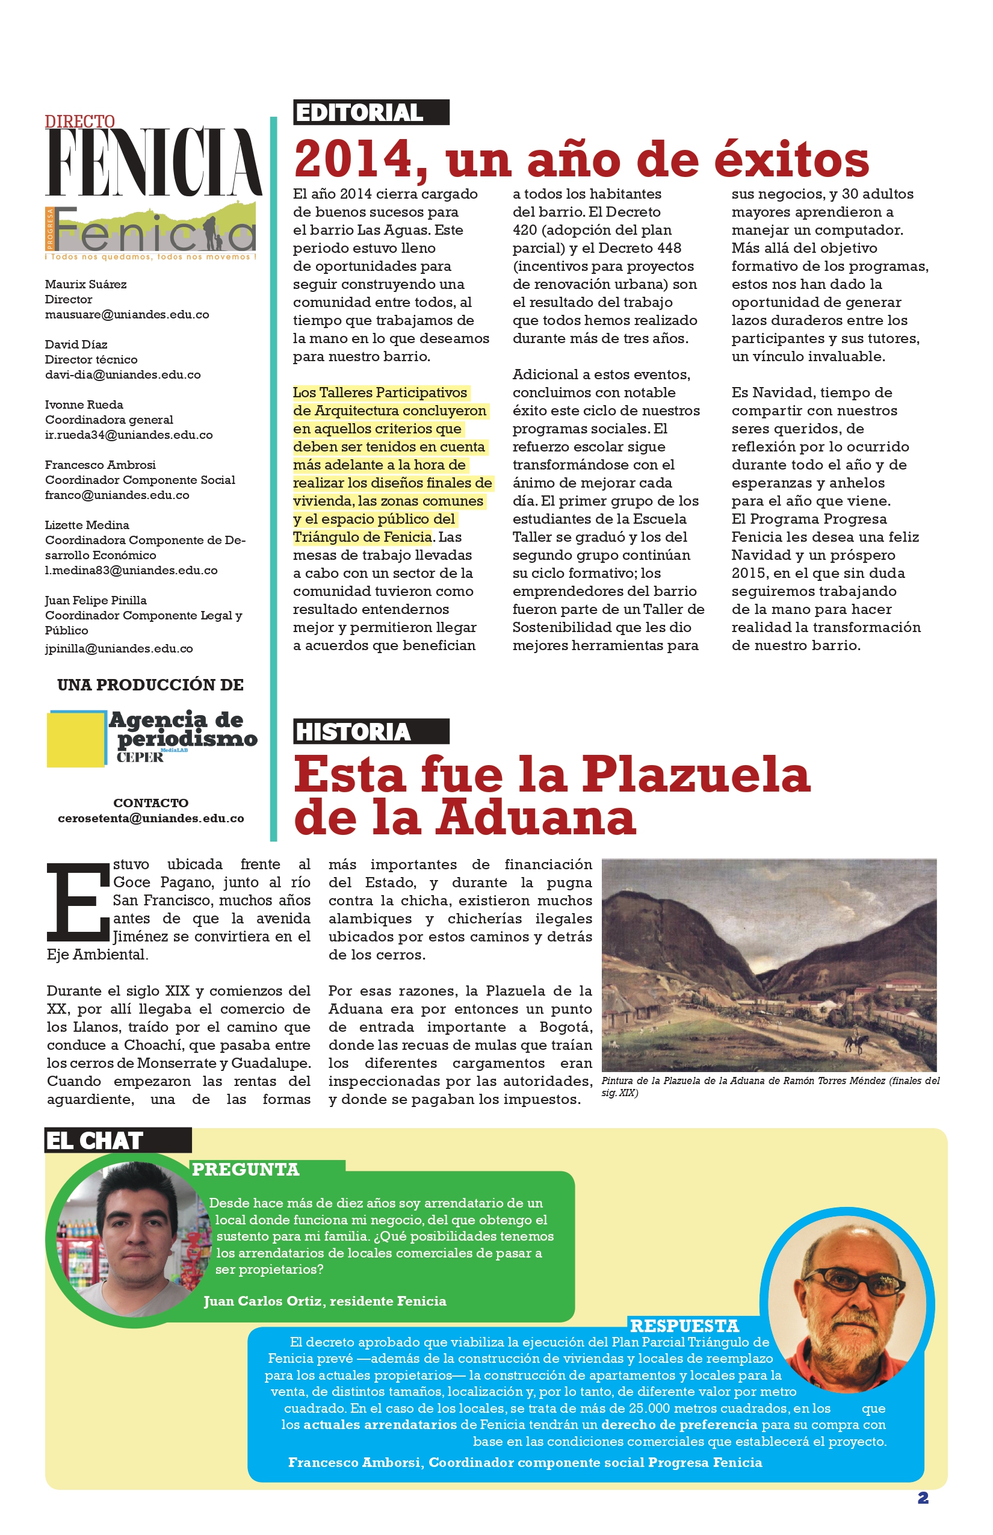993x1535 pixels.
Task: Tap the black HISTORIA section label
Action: pos(371,731)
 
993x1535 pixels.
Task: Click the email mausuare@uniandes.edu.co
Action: pos(127,315)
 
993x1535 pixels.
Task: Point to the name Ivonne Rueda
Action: pos(84,405)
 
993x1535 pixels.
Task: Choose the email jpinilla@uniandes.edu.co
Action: pos(119,649)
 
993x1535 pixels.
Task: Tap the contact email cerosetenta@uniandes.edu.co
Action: pos(151,819)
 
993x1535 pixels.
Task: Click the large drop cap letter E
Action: pos(78,902)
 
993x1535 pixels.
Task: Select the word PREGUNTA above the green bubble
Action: pos(246,1170)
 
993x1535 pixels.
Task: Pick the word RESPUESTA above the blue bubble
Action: pos(684,1326)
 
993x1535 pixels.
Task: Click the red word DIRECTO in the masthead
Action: pos(80,121)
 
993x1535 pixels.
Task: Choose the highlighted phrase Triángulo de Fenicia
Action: pos(362,537)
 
